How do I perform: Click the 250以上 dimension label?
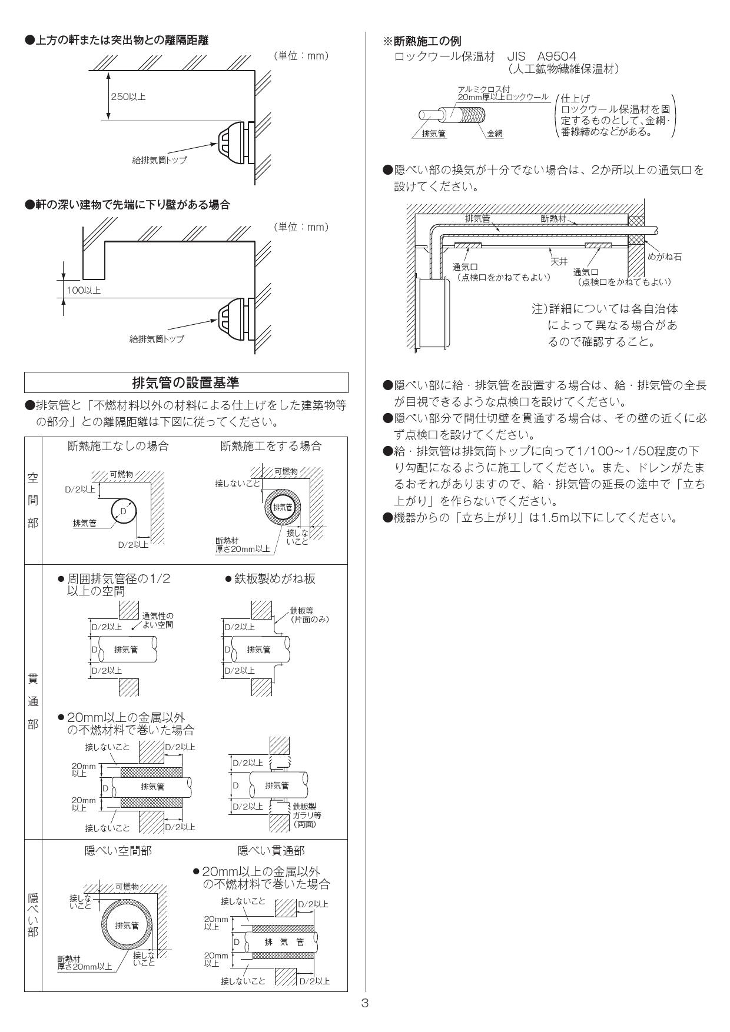(128, 97)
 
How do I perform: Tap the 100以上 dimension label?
(83, 290)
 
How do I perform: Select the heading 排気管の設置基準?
(186, 382)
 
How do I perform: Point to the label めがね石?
(665, 257)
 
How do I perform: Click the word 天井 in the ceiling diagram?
(559, 261)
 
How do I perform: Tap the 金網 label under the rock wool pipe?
(495, 134)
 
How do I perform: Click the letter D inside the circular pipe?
(123, 511)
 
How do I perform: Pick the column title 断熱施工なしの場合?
(118, 446)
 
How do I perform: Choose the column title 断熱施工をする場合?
(271, 446)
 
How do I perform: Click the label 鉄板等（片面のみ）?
(309, 615)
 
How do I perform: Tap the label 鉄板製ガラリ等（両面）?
(307, 815)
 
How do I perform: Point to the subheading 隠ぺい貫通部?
(271, 851)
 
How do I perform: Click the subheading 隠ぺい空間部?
(118, 851)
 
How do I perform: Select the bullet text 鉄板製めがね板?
(274, 578)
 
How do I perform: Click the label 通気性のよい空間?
(158, 620)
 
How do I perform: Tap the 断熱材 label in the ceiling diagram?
(553, 218)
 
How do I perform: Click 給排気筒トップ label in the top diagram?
(160, 160)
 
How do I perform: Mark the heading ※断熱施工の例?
(422, 41)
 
